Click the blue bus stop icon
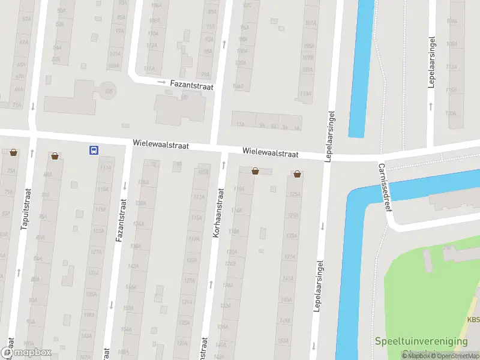click(94, 151)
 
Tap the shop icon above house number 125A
click(298, 174)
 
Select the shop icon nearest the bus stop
click(56, 156)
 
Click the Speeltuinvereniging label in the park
click(421, 341)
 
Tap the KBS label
click(473, 320)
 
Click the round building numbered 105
click(109, 91)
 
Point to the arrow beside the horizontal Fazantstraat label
click(161, 82)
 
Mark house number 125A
click(294, 194)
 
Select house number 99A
click(205, 74)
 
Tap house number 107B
click(308, 58)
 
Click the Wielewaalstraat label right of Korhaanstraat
click(270, 154)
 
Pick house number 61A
click(24, 43)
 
